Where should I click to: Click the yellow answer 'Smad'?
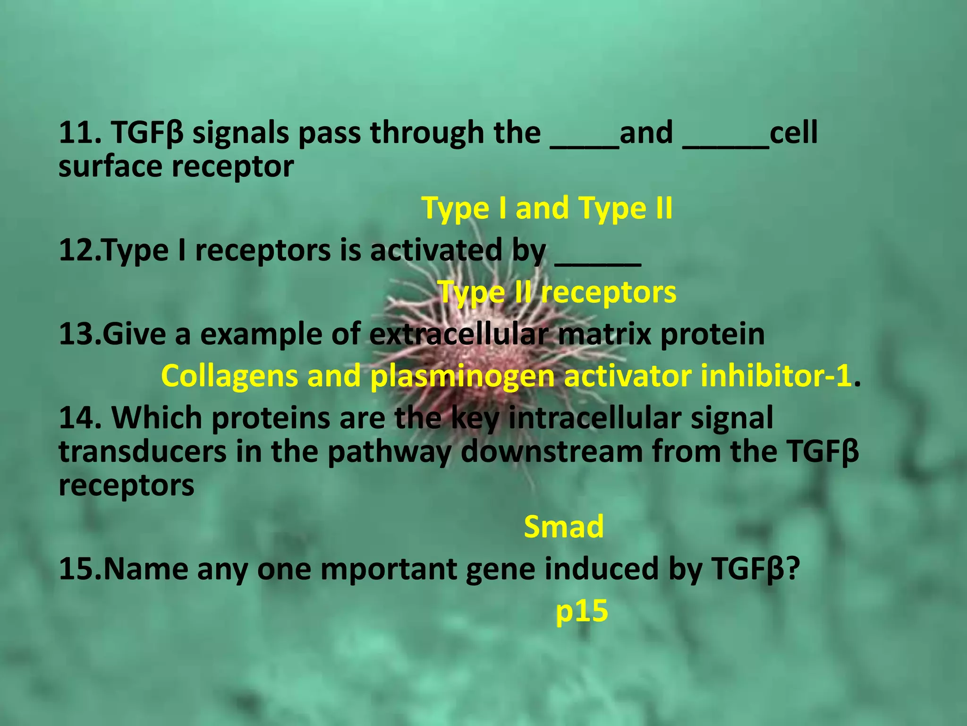[x=563, y=527]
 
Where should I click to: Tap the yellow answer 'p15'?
[x=581, y=611]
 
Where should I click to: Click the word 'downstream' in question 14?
[x=551, y=452]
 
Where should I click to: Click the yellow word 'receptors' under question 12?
[x=609, y=293]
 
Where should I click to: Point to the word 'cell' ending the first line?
[x=793, y=133]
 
